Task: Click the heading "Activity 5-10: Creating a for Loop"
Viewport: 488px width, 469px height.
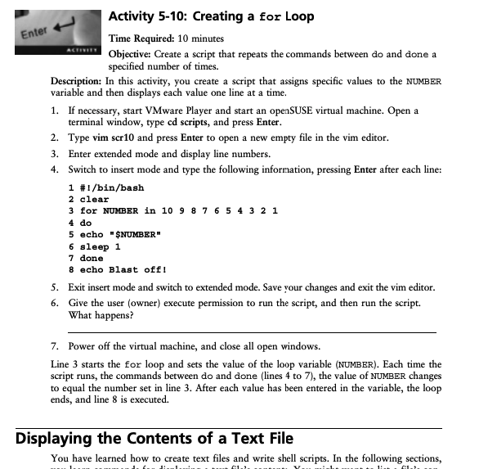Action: coord(211,16)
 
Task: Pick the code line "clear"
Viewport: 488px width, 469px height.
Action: coord(94,199)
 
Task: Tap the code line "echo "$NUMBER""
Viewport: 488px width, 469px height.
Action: coord(117,234)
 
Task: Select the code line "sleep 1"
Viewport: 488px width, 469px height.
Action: coord(100,246)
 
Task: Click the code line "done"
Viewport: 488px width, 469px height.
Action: coord(92,258)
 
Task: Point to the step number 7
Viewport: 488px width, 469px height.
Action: coord(54,347)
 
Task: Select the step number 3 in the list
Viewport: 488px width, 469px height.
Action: coord(54,153)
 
